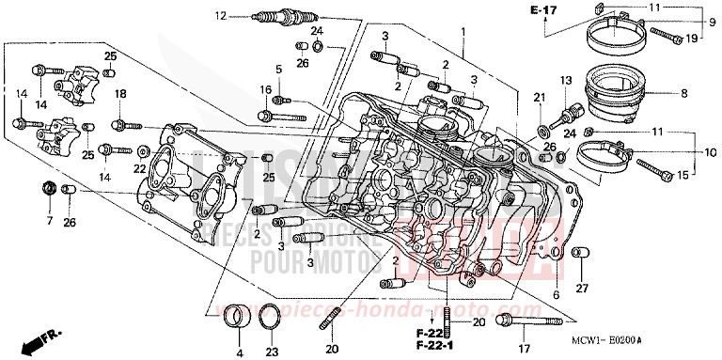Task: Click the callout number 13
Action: [566, 80]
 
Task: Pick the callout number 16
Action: [266, 90]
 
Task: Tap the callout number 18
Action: [120, 94]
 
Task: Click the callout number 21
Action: [540, 99]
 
